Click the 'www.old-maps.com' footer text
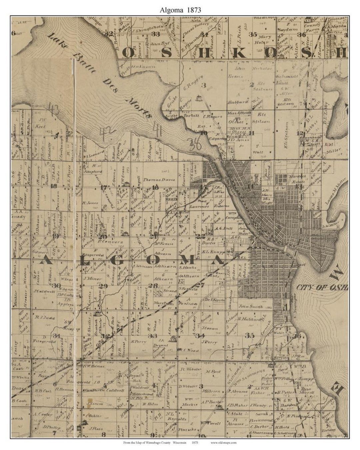point(223,443)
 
